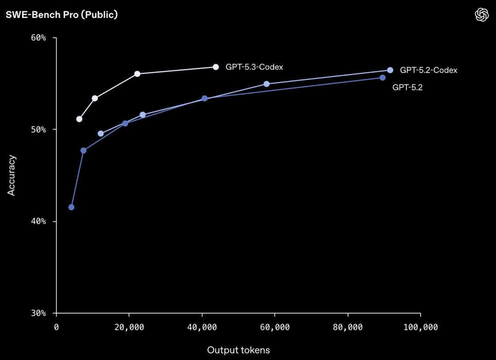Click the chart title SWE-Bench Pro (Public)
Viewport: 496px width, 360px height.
point(62,15)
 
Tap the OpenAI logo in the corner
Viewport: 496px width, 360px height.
point(481,15)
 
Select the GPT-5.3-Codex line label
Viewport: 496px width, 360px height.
point(254,67)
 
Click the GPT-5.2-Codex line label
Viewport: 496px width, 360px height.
point(428,70)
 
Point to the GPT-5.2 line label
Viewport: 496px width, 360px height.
point(407,87)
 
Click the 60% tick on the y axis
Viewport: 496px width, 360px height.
point(39,38)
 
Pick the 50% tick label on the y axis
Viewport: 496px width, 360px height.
point(39,129)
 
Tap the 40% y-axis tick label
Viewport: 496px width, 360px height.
point(39,221)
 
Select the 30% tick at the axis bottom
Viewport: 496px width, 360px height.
point(39,313)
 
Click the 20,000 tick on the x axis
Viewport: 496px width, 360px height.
point(129,327)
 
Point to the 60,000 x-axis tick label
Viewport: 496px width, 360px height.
point(275,327)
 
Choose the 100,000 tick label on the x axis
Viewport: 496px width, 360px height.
point(420,327)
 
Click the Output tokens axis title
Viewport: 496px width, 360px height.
point(238,350)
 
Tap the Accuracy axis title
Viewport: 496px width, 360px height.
point(11,175)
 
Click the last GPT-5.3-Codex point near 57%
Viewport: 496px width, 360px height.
point(215,67)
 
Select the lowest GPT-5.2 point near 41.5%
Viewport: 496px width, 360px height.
point(71,207)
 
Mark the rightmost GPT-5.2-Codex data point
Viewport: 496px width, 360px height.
point(390,70)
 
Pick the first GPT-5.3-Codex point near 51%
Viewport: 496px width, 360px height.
point(79,119)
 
